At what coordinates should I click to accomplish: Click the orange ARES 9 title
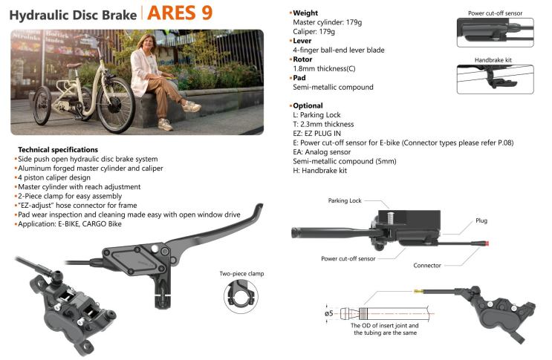(180, 13)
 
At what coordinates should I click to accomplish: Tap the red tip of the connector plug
(487, 243)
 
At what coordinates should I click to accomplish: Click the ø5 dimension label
(329, 313)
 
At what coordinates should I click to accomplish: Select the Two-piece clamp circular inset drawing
(241, 296)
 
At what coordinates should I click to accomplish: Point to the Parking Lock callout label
(345, 200)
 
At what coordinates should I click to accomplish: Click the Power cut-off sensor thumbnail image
(495, 33)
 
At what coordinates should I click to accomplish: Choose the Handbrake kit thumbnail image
(495, 79)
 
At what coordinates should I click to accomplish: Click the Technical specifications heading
(58, 149)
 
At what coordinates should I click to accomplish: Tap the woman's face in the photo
(147, 42)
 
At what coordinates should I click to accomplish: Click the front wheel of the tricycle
(116, 105)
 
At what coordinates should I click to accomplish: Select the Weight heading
(305, 13)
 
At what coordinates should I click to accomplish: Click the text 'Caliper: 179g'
(314, 32)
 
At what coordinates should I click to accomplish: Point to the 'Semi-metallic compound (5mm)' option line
(345, 161)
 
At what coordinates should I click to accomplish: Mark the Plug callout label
(481, 220)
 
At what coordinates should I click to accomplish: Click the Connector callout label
(427, 266)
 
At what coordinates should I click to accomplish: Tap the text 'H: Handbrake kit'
(319, 171)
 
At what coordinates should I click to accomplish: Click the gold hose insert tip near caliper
(418, 291)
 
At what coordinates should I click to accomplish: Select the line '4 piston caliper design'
(54, 177)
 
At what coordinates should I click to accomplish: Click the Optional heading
(308, 105)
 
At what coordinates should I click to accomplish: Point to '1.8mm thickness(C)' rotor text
(324, 68)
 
